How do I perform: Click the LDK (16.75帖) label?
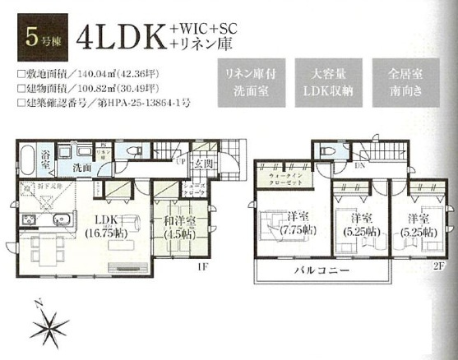coord(101,224)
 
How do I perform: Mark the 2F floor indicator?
coord(440,267)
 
